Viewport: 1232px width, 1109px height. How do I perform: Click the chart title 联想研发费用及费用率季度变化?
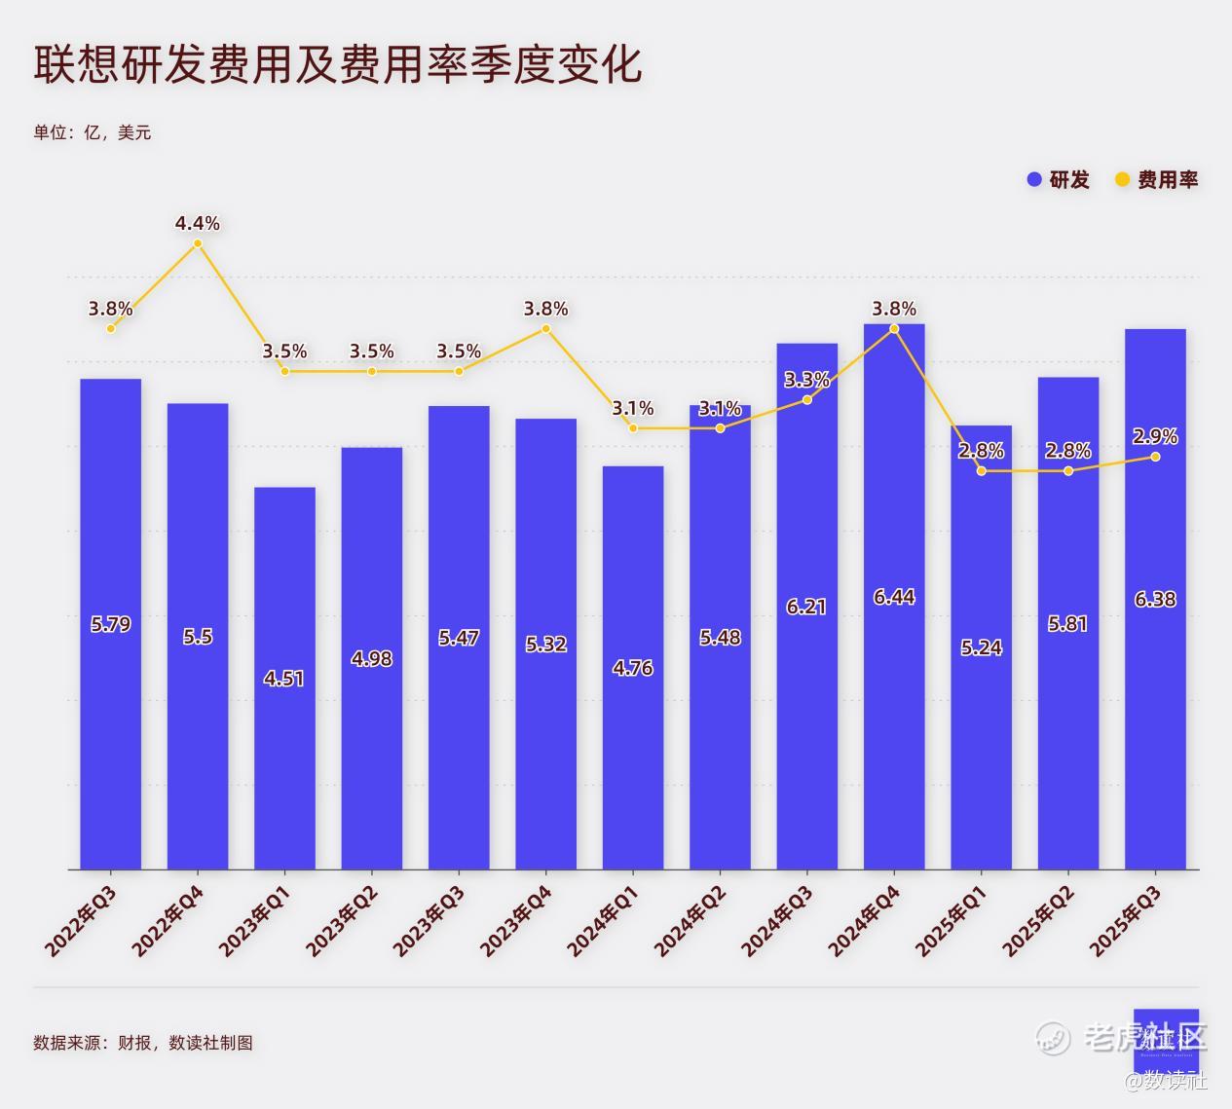coord(338,65)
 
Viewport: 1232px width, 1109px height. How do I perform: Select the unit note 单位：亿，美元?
coord(93,132)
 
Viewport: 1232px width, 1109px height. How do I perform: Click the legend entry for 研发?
coord(1060,179)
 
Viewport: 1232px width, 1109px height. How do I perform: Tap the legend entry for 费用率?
coord(1157,179)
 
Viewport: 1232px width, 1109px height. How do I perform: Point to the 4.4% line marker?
coord(198,243)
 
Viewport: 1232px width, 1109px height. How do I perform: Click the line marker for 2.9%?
coord(1155,457)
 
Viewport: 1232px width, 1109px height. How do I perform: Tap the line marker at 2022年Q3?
coord(111,328)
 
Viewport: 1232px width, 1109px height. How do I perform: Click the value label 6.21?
coord(806,607)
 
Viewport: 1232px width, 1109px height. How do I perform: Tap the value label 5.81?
coord(1067,623)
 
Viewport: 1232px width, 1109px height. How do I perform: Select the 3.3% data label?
coord(806,380)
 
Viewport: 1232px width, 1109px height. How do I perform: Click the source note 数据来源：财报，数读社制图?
coord(143,1043)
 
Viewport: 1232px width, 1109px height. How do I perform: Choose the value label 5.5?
coord(198,636)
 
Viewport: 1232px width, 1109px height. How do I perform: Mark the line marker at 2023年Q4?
coord(545,328)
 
